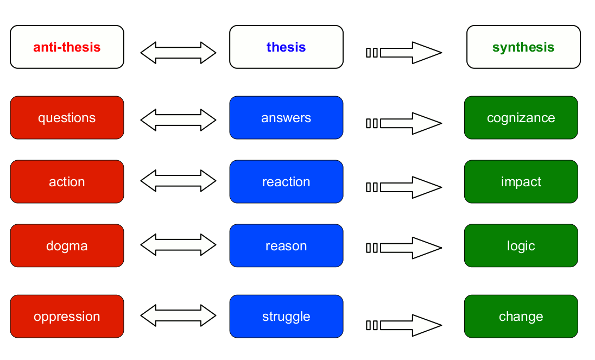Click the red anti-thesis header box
pos(67,47)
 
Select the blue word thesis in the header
pos(286,47)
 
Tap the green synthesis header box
pos(523,47)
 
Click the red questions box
pos(67,118)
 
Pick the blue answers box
pos(286,118)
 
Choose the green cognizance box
pos(521,118)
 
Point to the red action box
pos(67,182)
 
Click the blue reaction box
pos(286,182)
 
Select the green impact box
pos(521,182)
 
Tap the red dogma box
pos(67,246)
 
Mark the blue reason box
pos(286,246)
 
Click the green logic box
pos(521,246)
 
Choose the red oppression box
pos(67,317)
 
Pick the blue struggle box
pos(286,317)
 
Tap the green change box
pos(521,317)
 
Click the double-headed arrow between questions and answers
pos(179,120)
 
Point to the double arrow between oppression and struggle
pos(179,315)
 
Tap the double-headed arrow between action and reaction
pos(179,181)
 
